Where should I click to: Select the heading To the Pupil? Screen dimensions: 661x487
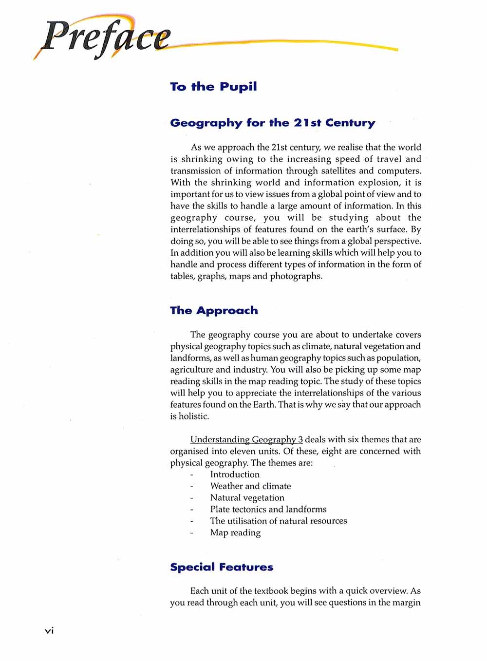[213, 87]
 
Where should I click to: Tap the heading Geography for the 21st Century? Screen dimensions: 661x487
[273, 123]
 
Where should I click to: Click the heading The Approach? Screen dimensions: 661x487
[214, 311]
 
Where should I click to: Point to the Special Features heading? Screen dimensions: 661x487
[222, 567]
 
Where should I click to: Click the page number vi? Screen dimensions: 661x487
[49, 631]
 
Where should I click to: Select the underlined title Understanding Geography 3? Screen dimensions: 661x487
[246, 439]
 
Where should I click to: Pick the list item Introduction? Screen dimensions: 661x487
[235, 474]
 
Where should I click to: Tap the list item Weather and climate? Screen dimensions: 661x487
[250, 486]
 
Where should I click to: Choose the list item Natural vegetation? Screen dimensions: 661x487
[247, 498]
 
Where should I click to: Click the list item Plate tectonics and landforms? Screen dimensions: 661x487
[268, 510]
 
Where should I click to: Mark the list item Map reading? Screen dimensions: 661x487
[235, 533]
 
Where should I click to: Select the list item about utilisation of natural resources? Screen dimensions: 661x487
[279, 521]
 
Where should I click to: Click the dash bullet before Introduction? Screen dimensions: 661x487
[192, 474]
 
